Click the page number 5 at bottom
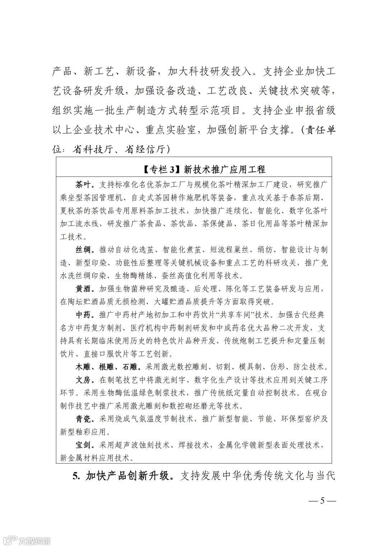pos(322,501)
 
